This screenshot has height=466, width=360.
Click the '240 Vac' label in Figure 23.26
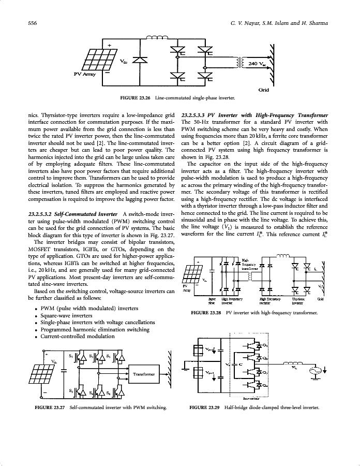click(x=257, y=64)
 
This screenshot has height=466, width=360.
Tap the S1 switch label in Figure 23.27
click(x=71, y=356)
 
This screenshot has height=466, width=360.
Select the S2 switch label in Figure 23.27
click(x=71, y=388)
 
